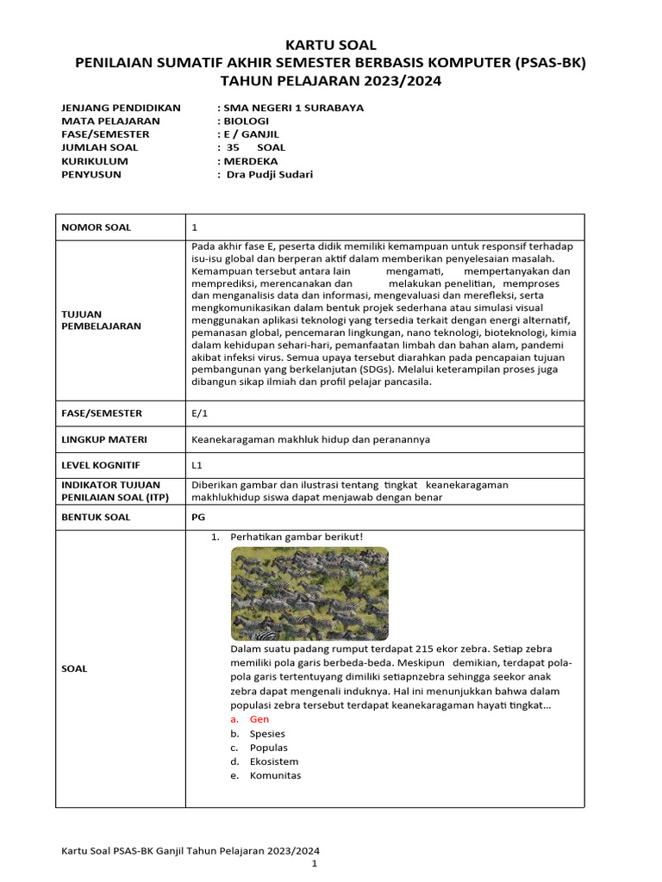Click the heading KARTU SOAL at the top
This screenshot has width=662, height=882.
pos(331,45)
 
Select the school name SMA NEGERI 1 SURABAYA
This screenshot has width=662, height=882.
pos(293,108)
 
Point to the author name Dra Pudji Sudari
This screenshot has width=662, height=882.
pos(269,174)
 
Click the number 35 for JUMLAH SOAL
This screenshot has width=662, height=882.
pos(233,147)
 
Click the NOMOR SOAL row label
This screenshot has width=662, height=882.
pos(96,227)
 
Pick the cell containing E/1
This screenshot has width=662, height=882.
pos(199,413)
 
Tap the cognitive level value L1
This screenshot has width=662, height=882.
pos(197,465)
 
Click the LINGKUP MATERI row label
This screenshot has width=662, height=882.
pos(103,439)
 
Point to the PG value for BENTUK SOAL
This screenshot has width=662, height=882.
pos(197,517)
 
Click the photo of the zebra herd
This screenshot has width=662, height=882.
pos(309,593)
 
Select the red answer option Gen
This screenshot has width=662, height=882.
pos(259,718)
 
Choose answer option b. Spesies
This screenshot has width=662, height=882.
pos(267,733)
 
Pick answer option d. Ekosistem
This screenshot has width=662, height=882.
pos(273,761)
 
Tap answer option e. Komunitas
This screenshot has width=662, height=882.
pos(275,775)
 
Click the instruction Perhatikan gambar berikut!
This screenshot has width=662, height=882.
pos(296,537)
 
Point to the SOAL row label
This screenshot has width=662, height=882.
pos(75,668)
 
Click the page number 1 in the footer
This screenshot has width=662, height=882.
pos(315,863)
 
